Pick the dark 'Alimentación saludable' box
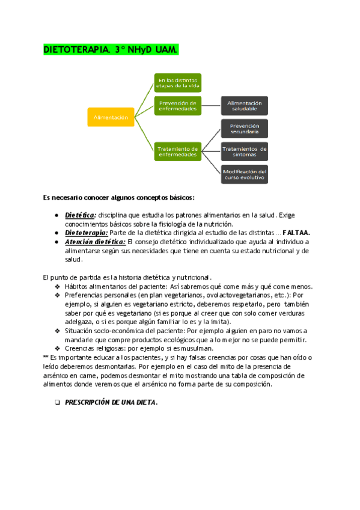[244, 106]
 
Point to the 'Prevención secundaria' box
[244, 129]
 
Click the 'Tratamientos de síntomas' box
[244, 151]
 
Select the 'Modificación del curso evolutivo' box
[244, 174]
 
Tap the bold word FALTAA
[291, 232]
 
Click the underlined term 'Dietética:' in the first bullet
[81, 215]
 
